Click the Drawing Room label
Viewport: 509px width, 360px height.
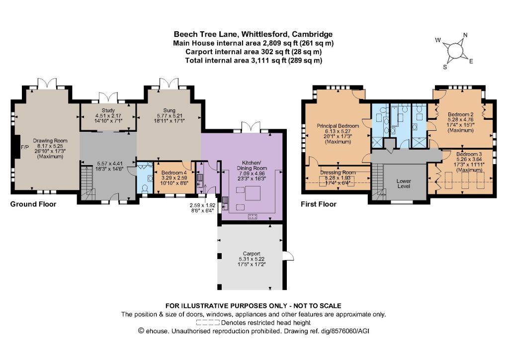[50, 141]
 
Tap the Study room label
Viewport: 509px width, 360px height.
[108, 110]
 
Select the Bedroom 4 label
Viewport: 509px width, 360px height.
[174, 173]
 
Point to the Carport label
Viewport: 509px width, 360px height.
[252, 254]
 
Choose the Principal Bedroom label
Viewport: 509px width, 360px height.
[338, 126]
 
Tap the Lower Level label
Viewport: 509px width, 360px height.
[404, 183]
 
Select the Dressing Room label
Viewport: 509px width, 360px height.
[338, 173]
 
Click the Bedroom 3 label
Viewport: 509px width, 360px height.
[469, 154]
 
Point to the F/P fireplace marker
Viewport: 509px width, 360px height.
[25, 147]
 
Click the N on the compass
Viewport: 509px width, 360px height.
[465, 35]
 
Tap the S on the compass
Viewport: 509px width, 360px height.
[445, 67]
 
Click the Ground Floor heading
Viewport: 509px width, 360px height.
[33, 204]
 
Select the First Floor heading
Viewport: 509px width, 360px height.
[319, 204]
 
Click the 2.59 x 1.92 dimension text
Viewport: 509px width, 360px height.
[203, 205]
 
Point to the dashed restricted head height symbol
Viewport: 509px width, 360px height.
[208, 323]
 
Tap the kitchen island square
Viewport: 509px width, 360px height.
[252, 194]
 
